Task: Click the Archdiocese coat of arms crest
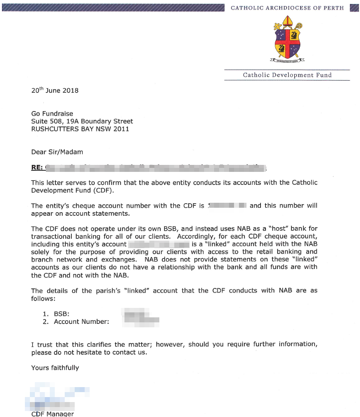pos(287,40)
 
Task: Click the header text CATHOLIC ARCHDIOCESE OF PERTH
pos(287,8)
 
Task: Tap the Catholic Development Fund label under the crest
pos(287,75)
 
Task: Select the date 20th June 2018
pos(55,90)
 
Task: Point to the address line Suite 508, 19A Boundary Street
pos(82,121)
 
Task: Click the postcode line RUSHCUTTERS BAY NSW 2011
pos(80,129)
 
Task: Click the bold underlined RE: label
pos(37,167)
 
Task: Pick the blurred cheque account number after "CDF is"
pos(228,205)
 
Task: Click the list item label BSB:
pos(61,314)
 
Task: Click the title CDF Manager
pos(52,414)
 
